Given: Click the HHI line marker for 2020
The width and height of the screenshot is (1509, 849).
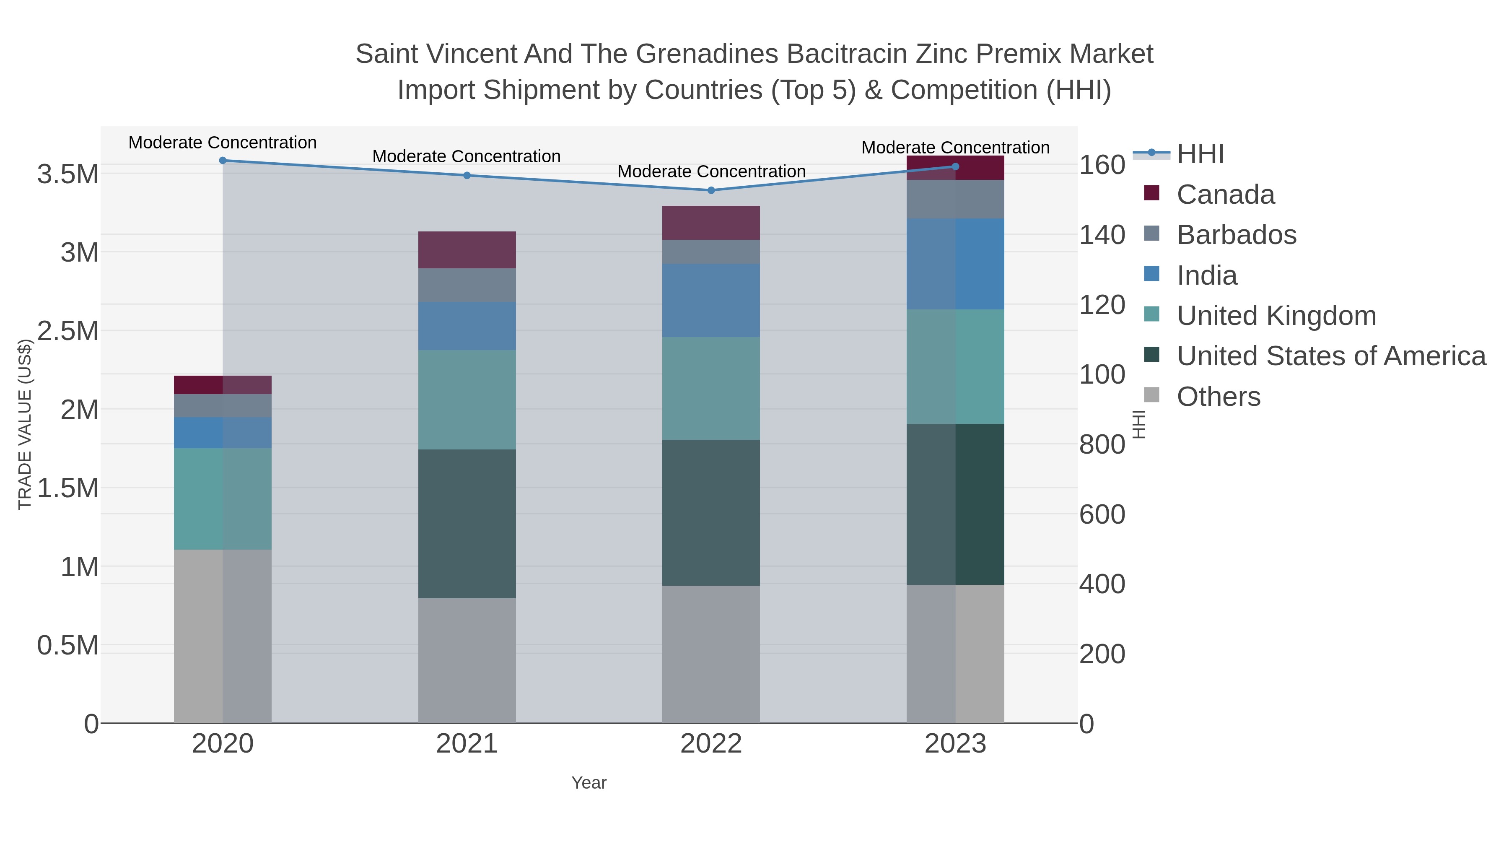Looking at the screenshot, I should pyautogui.click(x=223, y=161).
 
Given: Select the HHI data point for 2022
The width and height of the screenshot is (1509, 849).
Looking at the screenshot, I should pyautogui.click(x=711, y=190).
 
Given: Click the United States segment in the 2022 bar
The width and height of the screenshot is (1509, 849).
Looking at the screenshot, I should pyautogui.click(x=711, y=513).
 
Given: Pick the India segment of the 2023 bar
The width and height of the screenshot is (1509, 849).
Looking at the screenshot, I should pyautogui.click(x=955, y=264).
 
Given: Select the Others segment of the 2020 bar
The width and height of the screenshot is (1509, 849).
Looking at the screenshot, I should pyautogui.click(x=223, y=636).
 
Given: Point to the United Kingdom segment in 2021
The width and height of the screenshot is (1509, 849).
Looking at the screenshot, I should pyautogui.click(x=467, y=400).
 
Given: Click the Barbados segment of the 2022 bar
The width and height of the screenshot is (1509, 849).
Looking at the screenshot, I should pyautogui.click(x=711, y=252).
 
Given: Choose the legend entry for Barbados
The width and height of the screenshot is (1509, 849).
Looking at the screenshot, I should pyautogui.click(x=1236, y=235).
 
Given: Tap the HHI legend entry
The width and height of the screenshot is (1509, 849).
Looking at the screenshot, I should pyautogui.click(x=1200, y=154).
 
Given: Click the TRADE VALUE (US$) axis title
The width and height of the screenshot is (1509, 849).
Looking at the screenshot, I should pyautogui.click(x=25, y=424).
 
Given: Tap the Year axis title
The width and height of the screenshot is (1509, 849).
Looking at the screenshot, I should pyautogui.click(x=589, y=783).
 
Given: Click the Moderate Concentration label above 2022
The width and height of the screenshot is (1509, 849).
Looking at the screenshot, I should pyautogui.click(x=711, y=171).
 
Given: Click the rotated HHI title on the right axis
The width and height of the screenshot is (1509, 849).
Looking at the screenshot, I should pyautogui.click(x=1138, y=424).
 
